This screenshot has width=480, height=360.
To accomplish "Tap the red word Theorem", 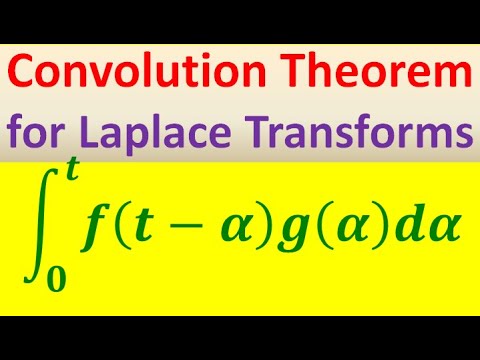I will coord(393,75).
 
